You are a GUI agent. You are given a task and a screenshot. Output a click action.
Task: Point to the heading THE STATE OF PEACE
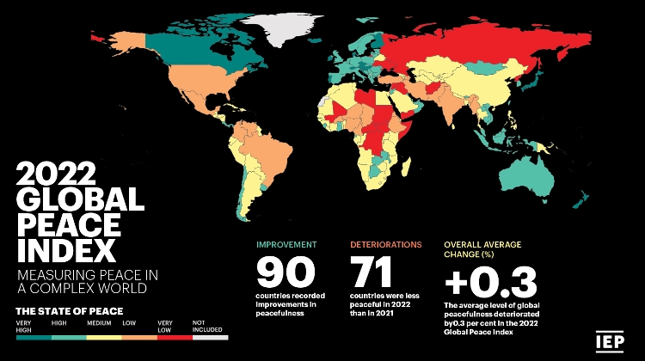point(69,310)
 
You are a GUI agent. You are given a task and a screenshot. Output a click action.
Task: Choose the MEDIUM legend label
point(98,323)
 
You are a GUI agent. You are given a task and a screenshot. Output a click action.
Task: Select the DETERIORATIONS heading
point(385,245)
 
